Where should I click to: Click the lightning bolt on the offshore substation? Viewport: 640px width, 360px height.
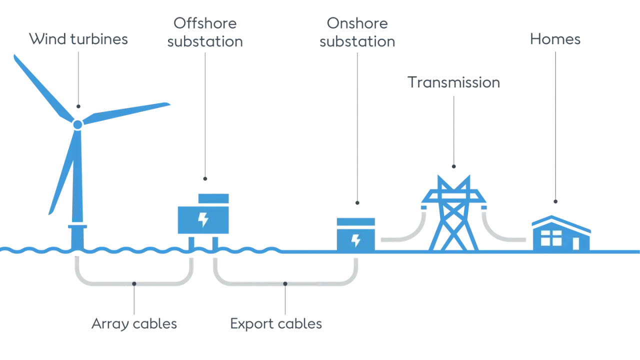pyautogui.click(x=203, y=219)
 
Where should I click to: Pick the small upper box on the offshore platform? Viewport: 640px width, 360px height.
pyautogui.click(x=213, y=198)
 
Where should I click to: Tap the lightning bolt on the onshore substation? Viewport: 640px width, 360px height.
pyautogui.click(x=355, y=240)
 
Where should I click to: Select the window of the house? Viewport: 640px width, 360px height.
pyautogui.click(x=551, y=238)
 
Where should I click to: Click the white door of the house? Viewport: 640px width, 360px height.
pyautogui.click(x=575, y=243)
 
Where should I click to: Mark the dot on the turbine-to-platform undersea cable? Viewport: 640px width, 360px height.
pyautogui.click(x=134, y=283)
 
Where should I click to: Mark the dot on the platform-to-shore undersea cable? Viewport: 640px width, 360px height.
pyautogui.click(x=285, y=283)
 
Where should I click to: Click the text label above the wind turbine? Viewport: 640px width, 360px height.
pyautogui.click(x=77, y=40)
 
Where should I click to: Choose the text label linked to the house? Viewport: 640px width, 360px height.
pyautogui.click(x=555, y=41)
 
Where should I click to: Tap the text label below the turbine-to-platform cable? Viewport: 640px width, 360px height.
pyautogui.click(x=134, y=325)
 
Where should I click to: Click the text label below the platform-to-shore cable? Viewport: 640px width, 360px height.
pyautogui.click(x=275, y=325)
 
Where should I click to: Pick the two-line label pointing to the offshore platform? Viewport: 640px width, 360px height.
pyautogui.click(x=204, y=32)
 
